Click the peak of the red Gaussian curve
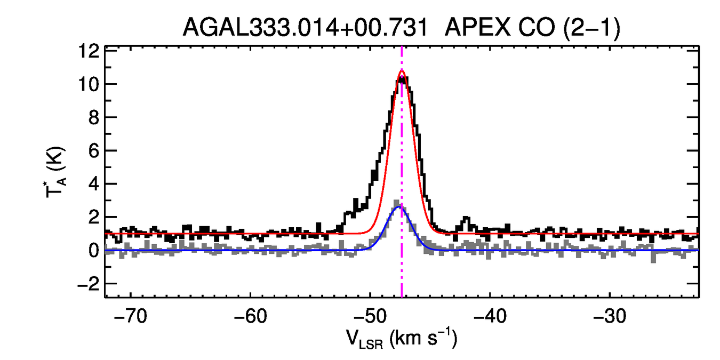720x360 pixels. click(402, 70)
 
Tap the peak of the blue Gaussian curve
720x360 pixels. click(400, 206)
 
